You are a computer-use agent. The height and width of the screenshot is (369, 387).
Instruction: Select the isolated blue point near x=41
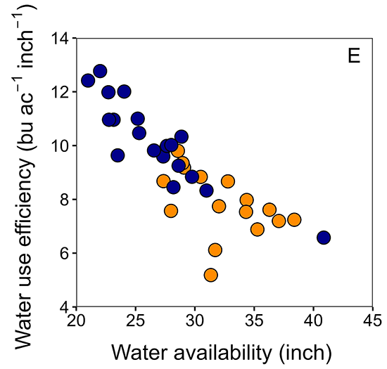click(x=324, y=238)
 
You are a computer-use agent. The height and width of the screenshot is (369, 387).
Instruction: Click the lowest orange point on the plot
click(x=210, y=275)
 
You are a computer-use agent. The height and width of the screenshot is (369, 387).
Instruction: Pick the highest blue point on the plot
click(x=100, y=71)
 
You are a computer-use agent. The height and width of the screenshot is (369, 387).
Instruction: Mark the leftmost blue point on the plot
click(x=88, y=80)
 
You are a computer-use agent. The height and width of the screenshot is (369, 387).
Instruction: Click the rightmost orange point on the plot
click(x=294, y=219)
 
